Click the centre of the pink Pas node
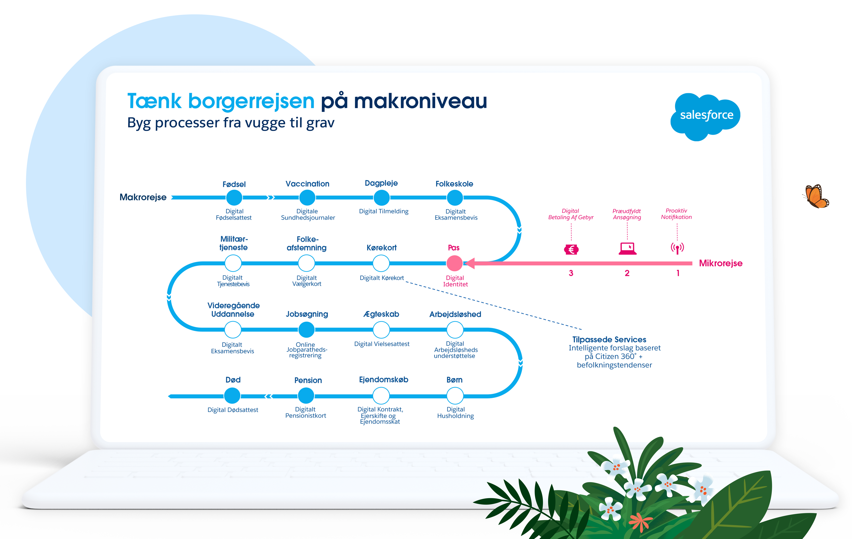[x=455, y=263]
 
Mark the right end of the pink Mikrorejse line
[x=692, y=263]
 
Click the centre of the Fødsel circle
[x=234, y=198]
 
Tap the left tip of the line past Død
[x=168, y=396]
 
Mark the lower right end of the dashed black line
[x=581, y=329]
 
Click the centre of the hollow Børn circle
[x=455, y=396]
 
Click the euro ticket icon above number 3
[x=571, y=250]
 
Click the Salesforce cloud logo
[x=705, y=116]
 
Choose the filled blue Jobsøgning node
[x=306, y=330]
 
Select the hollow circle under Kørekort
[x=381, y=263]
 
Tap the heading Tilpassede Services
[x=609, y=339]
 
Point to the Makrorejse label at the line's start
[x=143, y=197]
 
